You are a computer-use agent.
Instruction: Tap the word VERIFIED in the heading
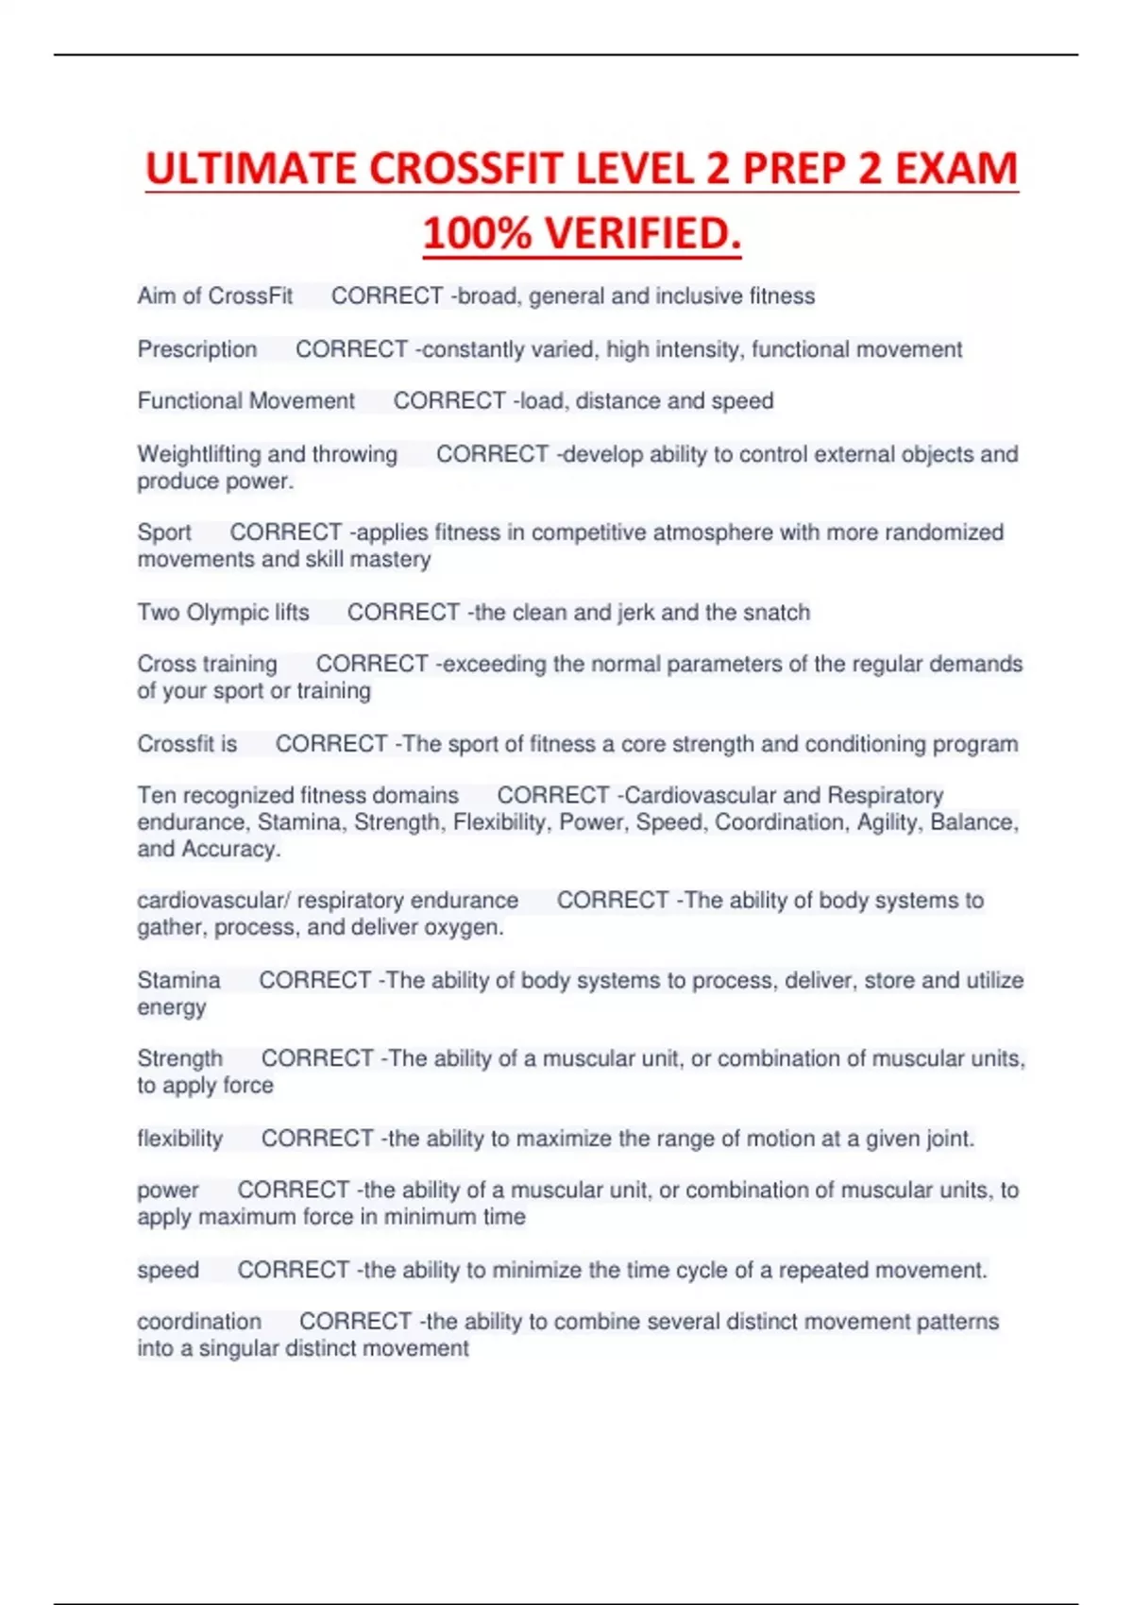642,234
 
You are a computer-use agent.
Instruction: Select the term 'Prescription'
196,349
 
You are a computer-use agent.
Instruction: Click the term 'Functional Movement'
245,401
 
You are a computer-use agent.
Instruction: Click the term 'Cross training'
207,664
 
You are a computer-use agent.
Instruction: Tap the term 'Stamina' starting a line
178,980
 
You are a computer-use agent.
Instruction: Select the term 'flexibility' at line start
179,1139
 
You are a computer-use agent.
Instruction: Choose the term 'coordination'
199,1322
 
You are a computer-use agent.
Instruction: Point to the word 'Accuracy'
229,849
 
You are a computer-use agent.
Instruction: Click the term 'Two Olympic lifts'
223,613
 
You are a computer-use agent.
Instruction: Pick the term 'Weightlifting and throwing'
267,454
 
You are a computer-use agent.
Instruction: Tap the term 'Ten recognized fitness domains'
297,795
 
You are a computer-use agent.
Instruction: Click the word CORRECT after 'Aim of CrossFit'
387,296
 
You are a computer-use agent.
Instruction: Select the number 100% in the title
477,234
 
